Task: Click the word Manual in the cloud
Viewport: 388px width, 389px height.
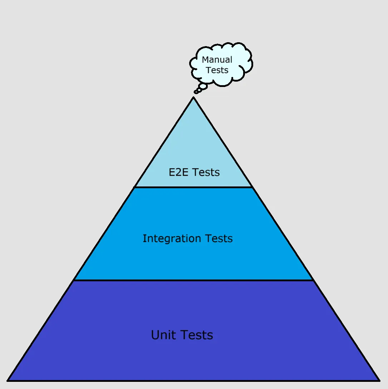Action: (217, 60)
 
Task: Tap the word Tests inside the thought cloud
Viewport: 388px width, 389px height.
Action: (217, 70)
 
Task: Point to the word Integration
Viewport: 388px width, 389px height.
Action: (172, 239)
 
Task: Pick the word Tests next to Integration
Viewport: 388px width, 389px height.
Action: (219, 239)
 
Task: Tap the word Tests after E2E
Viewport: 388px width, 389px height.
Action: (206, 172)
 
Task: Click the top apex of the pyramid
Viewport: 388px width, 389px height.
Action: (193, 98)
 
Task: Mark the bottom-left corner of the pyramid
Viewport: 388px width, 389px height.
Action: (8, 380)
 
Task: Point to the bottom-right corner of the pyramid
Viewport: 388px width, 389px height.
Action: (379, 380)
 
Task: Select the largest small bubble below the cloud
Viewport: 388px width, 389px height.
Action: (203, 86)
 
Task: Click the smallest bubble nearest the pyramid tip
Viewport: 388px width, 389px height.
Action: (196, 92)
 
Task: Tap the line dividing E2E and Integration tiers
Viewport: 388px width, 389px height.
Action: (193, 187)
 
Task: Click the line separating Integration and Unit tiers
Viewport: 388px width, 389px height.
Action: (193, 280)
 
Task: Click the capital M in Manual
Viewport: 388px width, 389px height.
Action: (206, 60)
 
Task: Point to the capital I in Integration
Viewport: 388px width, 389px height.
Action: (144, 238)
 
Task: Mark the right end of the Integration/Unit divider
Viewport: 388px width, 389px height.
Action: (313, 280)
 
